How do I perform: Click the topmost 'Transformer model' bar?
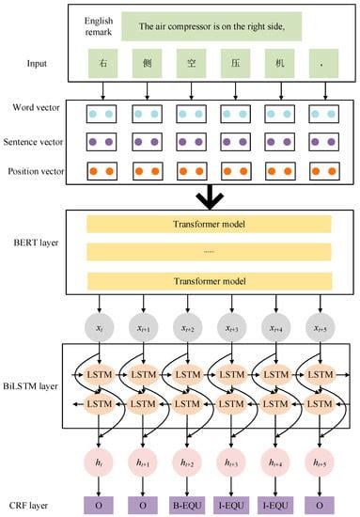[218, 226]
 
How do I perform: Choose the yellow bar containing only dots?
[218, 253]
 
